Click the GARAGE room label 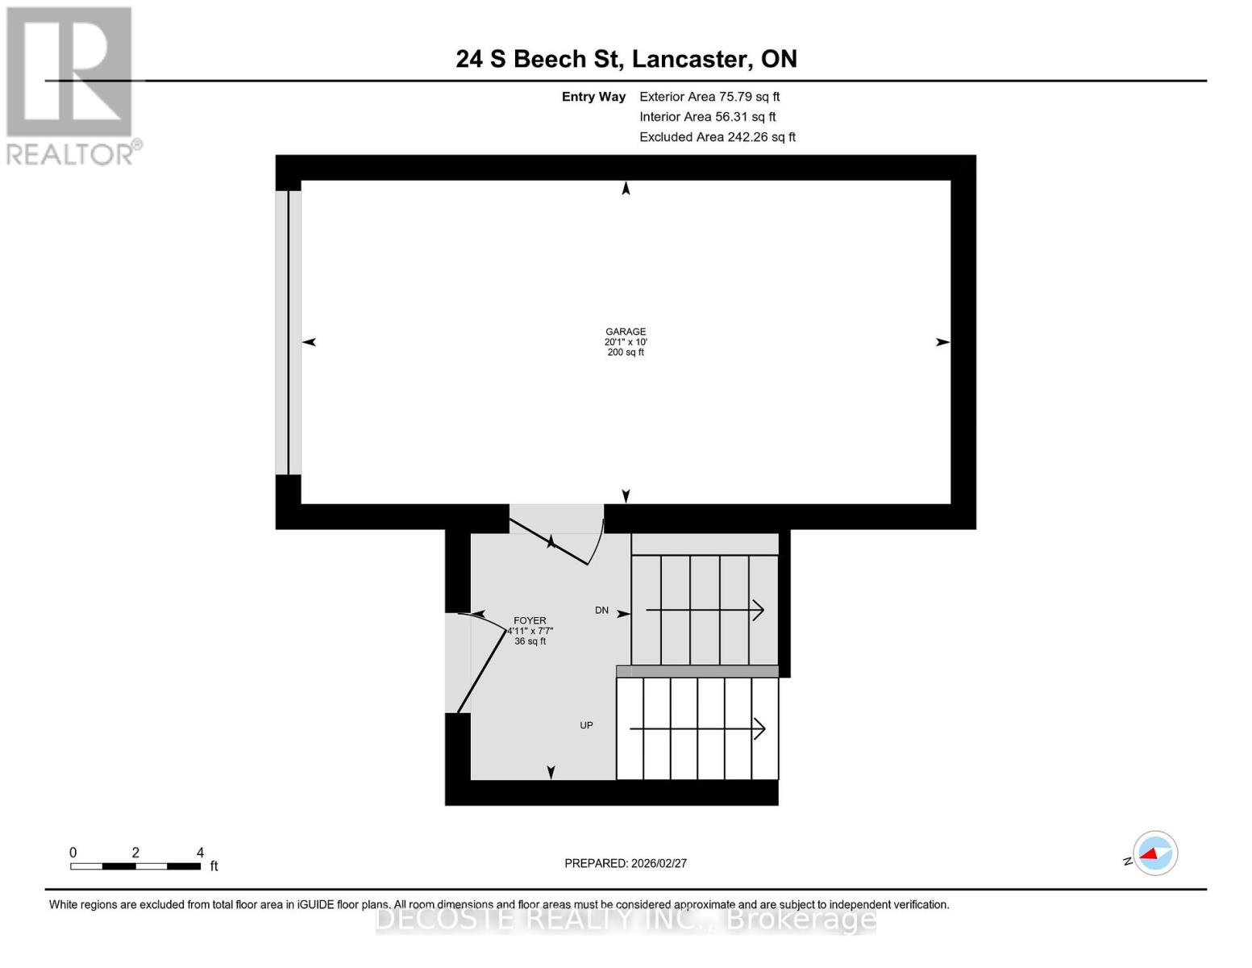click(626, 332)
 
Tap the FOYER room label click(530, 621)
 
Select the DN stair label click(601, 611)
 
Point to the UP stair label click(586, 725)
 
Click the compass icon click(1154, 853)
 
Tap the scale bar click(135, 866)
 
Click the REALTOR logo click(70, 85)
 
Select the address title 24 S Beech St click(626, 59)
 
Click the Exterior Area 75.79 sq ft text click(709, 97)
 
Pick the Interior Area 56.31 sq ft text click(707, 117)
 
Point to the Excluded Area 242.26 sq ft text click(717, 137)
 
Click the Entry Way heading click(593, 97)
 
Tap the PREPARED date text click(626, 863)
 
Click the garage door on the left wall click(289, 332)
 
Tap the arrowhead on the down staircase click(758, 611)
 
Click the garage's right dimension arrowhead click(942, 342)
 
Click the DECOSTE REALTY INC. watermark click(626, 920)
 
